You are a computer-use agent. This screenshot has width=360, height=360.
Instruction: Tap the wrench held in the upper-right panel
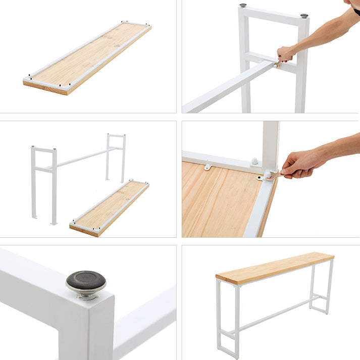coord(277,63)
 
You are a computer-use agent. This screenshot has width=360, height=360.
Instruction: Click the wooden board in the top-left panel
coord(87,58)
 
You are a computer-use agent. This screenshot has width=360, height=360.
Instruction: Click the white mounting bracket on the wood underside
coord(208,166)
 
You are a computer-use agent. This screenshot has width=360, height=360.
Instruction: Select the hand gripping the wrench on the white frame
coord(286,53)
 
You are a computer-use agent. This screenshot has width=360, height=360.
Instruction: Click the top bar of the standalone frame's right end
coord(116,136)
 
